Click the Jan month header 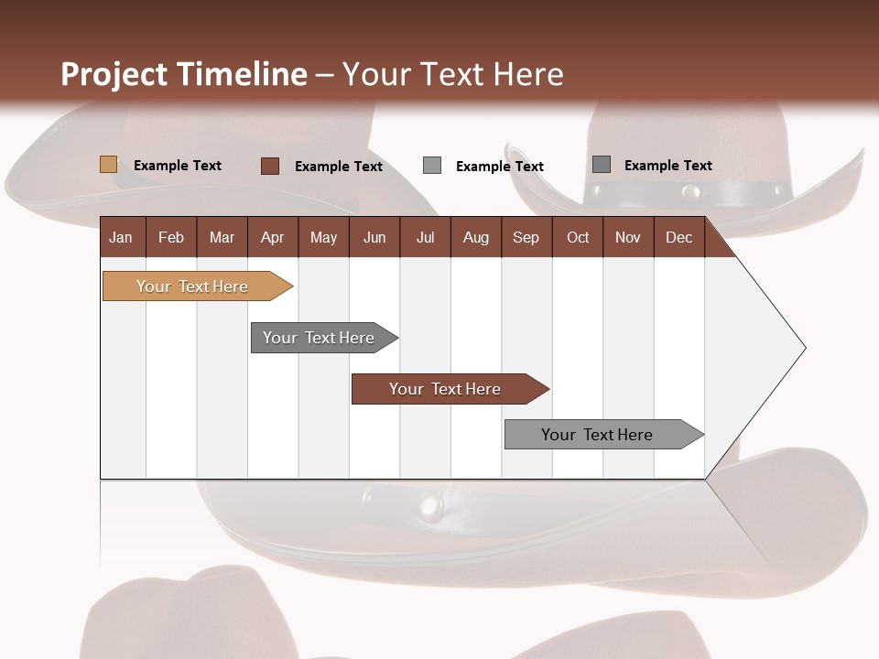[121, 237]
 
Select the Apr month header [272, 237]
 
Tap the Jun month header [374, 237]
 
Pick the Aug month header [475, 237]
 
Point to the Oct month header [578, 237]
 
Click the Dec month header [678, 237]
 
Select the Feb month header [171, 237]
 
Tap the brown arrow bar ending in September [446, 389]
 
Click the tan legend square [108, 165]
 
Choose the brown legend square [269, 166]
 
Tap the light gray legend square [432, 166]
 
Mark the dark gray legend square [602, 165]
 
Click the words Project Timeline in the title [184, 74]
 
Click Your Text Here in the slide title [452, 74]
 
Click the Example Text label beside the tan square [178, 166]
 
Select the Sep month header [526, 237]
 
